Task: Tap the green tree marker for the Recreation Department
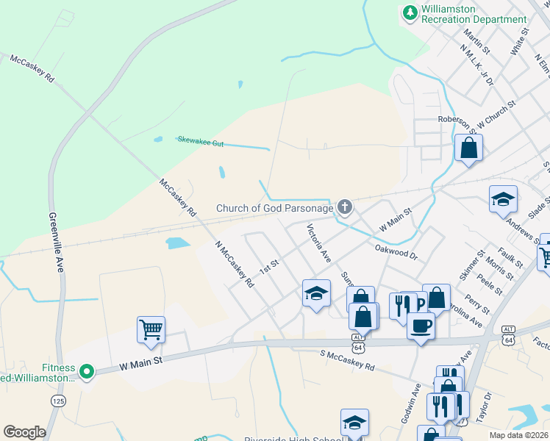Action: (x=410, y=12)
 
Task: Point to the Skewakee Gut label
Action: (x=200, y=140)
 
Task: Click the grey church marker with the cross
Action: (x=344, y=208)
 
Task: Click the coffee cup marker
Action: (x=421, y=325)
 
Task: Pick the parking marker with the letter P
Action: (x=420, y=304)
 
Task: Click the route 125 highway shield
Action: (x=57, y=401)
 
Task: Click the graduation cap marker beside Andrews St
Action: (x=503, y=199)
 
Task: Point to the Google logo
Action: (x=24, y=431)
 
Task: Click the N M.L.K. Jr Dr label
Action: (x=476, y=66)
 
